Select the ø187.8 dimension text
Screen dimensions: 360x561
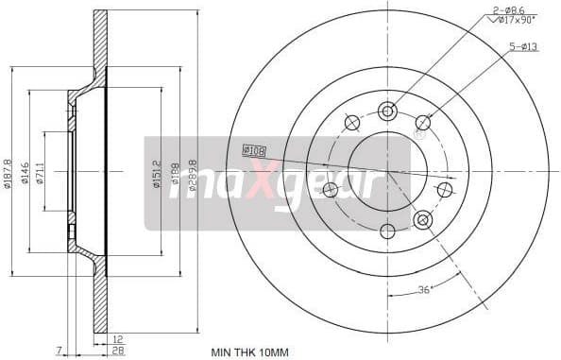[8, 171]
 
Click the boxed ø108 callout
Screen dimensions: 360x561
[253, 149]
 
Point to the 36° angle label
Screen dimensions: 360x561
[424, 290]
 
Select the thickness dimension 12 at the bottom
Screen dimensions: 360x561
[116, 338]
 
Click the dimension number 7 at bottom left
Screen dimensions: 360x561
[59, 350]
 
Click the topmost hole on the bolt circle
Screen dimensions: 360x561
[386, 111]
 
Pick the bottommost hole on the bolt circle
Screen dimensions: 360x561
[386, 231]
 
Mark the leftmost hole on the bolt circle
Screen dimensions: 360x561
[330, 190]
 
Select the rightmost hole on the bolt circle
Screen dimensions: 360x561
[444, 190]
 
